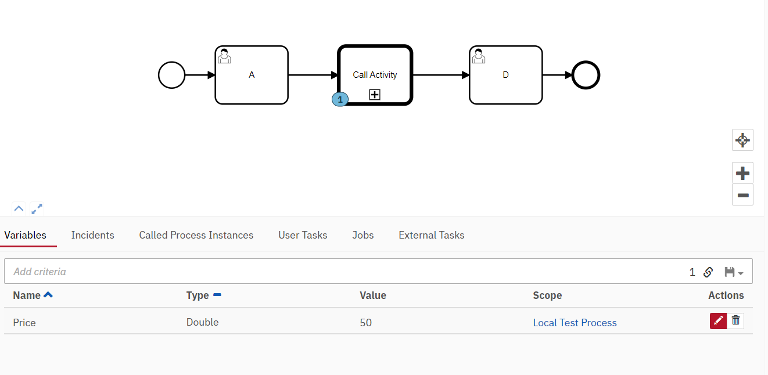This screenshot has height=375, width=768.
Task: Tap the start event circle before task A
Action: point(171,75)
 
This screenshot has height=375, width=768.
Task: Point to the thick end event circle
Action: point(586,75)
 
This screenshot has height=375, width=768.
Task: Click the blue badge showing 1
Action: point(340,99)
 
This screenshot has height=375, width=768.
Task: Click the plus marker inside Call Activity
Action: point(375,95)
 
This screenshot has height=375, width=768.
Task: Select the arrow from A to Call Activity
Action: point(313,75)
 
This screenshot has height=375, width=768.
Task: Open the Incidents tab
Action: point(93,235)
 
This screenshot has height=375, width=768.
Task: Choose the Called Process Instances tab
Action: point(196,235)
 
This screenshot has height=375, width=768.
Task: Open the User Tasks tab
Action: point(303,235)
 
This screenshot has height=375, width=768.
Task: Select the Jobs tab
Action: point(363,235)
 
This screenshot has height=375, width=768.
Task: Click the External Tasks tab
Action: point(432,235)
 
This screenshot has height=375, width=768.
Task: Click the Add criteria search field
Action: point(290,272)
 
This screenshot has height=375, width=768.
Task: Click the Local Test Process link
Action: point(575,323)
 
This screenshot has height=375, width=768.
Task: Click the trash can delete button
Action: point(736,320)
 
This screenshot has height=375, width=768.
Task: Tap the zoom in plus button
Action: point(742,173)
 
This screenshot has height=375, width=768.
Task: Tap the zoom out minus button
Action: point(742,195)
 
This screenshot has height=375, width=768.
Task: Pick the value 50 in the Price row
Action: point(366,323)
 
